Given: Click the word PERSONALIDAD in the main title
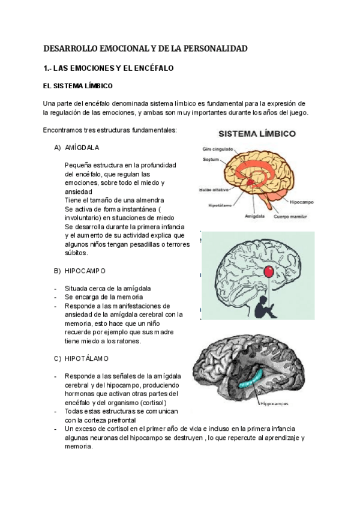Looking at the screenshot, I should coord(213,49).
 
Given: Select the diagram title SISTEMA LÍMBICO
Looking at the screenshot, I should coord(256,134).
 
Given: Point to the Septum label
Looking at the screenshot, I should coord(211,160).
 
